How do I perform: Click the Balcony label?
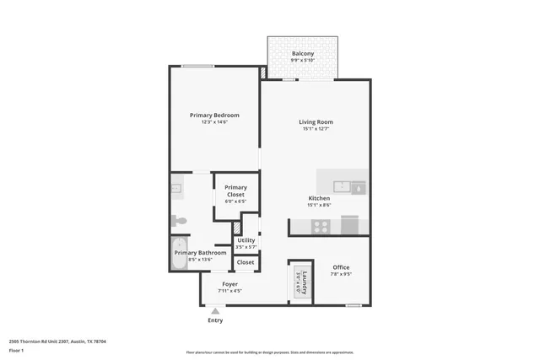coord(303,54)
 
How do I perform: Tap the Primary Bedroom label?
coord(214,116)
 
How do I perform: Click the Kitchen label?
coord(318,198)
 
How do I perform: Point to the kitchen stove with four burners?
coord(321,226)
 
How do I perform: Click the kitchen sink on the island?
coord(342,187)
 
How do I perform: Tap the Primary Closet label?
coord(235,191)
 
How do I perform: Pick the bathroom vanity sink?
coord(175,189)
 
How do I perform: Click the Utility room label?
coord(246,240)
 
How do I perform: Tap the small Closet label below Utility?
coord(246,262)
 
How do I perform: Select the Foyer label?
coord(229,284)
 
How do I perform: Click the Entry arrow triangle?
coord(215,310)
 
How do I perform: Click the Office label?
coord(341,267)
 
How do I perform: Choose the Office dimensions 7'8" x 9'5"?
coord(341,274)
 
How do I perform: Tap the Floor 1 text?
coord(16,350)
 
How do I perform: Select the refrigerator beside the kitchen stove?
coord(349,226)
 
